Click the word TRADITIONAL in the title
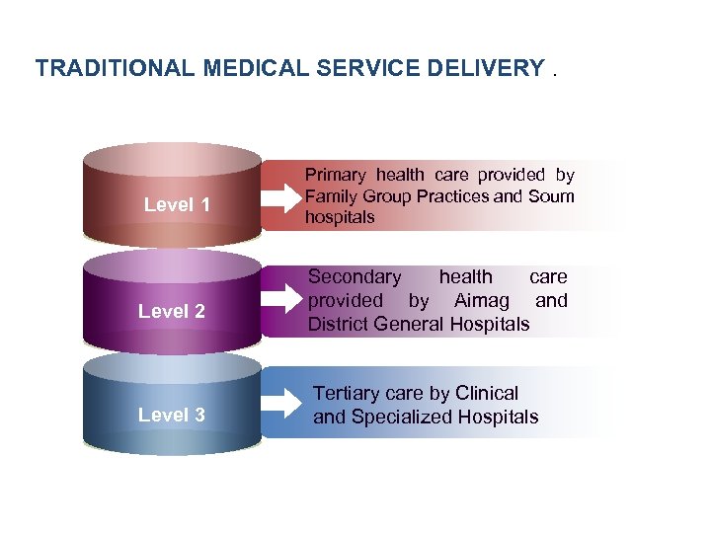[x=116, y=68]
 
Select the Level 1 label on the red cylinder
[x=177, y=205]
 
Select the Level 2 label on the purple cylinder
[x=172, y=311]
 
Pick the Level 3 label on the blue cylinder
[x=172, y=415]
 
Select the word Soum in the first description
[x=551, y=195]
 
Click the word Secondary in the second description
[x=355, y=277]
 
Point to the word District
[x=342, y=324]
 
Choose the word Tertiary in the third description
[x=348, y=393]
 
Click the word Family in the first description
[x=329, y=195]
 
